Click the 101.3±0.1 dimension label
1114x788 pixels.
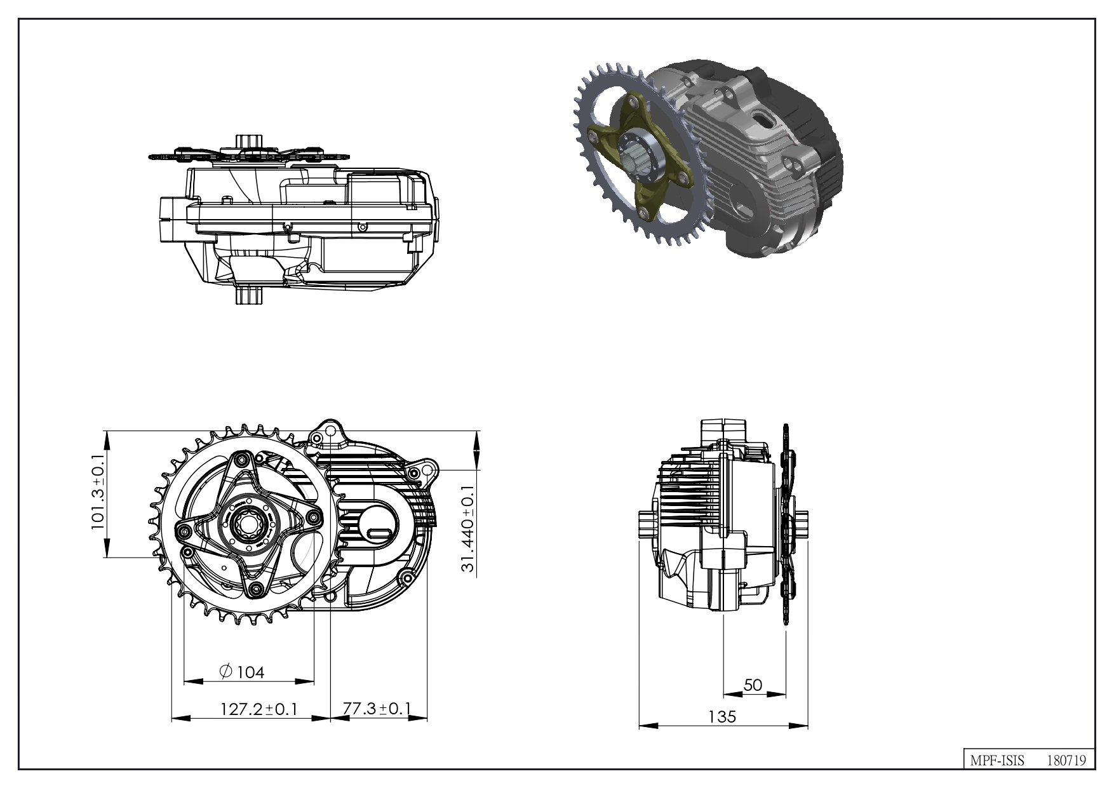pos(98,493)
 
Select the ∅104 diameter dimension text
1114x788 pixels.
pos(241,671)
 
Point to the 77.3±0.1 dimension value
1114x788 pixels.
pos(377,708)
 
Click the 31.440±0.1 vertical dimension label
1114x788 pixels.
pos(468,529)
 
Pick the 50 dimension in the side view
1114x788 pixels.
pos(753,685)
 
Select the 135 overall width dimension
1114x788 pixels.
pos(722,716)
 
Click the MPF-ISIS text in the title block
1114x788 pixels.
pos(997,760)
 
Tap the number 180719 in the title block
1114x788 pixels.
pos(1066,760)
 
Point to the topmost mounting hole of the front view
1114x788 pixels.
pos(330,431)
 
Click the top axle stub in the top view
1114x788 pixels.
pos(248,141)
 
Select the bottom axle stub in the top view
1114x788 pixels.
pos(248,296)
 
